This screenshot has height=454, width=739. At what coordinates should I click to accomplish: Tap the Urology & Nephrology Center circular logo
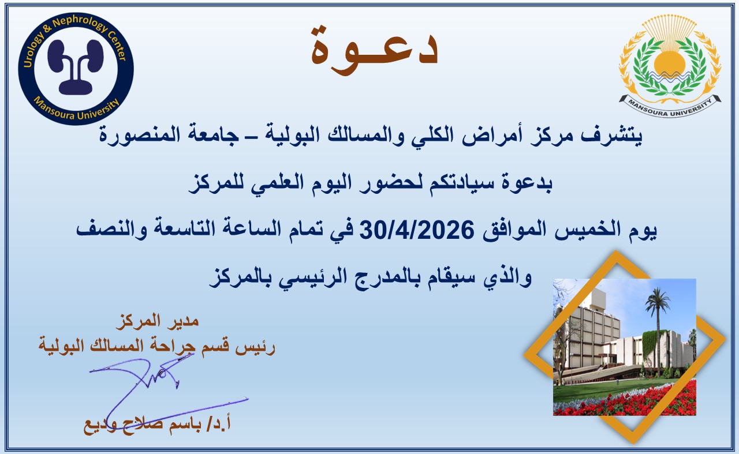click(x=76, y=67)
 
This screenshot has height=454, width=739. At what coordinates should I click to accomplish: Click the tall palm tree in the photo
click(x=657, y=323)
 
